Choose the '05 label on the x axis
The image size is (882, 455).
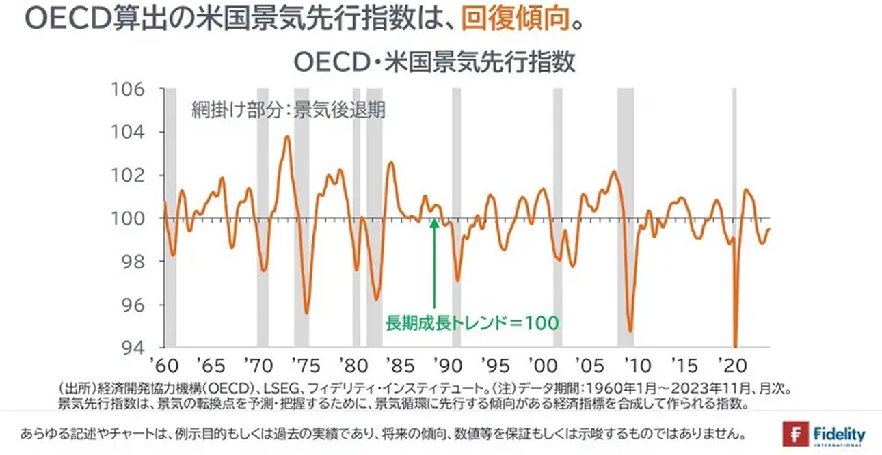click(x=588, y=363)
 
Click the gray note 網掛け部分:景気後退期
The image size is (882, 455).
click(x=288, y=111)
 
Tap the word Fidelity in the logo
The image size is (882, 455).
click(x=840, y=433)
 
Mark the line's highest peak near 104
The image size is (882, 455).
click(x=286, y=136)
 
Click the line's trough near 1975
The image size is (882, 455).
click(x=306, y=313)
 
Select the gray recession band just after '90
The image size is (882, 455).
click(x=456, y=219)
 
